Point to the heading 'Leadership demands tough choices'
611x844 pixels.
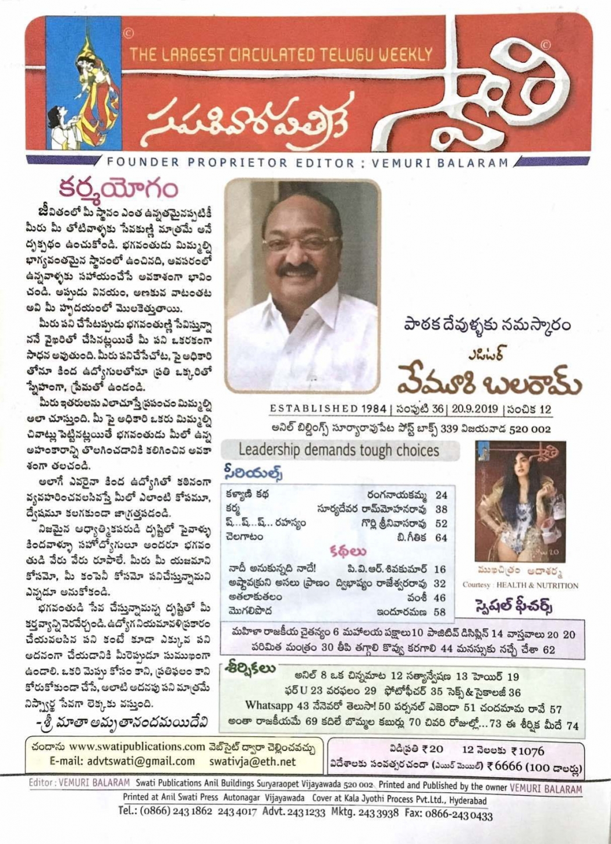(x=338, y=450)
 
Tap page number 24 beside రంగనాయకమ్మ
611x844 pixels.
(x=441, y=495)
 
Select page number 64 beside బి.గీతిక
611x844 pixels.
(x=441, y=538)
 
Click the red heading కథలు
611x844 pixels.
(x=348, y=551)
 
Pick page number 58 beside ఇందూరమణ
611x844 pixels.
(x=439, y=612)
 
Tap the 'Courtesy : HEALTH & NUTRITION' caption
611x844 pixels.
(x=520, y=585)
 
